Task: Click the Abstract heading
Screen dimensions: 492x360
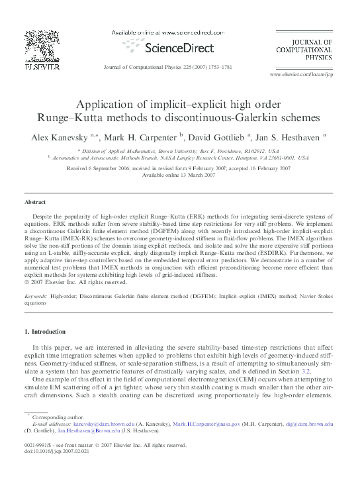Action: pyautogui.click(x=35, y=202)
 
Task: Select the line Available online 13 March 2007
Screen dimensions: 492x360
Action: pyautogui.click(x=179, y=175)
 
